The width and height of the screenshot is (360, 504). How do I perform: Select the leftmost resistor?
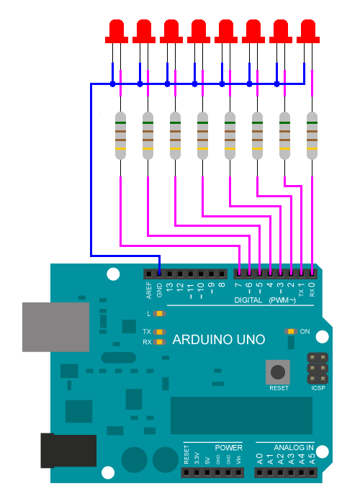tap(121, 135)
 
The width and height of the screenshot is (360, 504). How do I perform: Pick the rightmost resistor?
tap(312, 135)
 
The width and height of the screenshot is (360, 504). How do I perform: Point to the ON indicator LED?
tap(290, 331)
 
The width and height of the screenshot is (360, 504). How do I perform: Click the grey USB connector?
tap(55, 327)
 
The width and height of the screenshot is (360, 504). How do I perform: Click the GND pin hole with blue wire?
tap(159, 273)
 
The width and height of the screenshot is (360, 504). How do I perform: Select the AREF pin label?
tap(149, 290)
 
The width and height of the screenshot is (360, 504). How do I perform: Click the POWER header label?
tap(228, 447)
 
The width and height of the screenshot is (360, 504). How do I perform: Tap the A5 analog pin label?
tap(312, 457)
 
